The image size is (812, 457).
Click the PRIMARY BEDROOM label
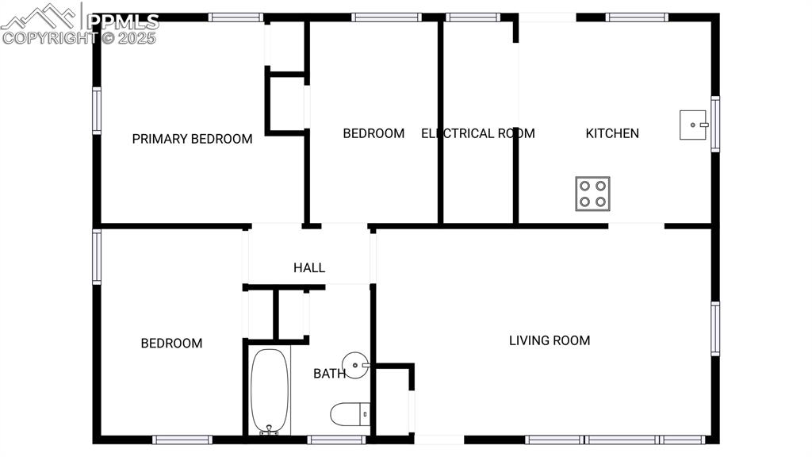pyautogui.click(x=192, y=139)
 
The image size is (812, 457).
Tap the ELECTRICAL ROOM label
pyautogui.click(x=478, y=133)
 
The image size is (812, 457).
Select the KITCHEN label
pyautogui.click(x=612, y=133)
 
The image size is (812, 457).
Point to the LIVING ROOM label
pyautogui.click(x=550, y=340)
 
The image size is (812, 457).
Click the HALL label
pyautogui.click(x=309, y=268)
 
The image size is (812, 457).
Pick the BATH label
pyautogui.click(x=329, y=373)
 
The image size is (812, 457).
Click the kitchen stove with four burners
pyautogui.click(x=593, y=193)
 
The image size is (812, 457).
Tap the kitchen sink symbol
pyautogui.click(x=694, y=125)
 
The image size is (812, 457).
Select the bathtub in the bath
pyautogui.click(x=270, y=391)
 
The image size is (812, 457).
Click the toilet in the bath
pyautogui.click(x=350, y=413)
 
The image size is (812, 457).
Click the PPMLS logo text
pyautogui.click(x=123, y=21)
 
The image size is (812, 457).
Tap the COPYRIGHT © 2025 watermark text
pyautogui.click(x=79, y=37)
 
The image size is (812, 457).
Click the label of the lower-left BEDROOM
pyautogui.click(x=171, y=344)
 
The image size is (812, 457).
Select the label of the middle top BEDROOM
pyautogui.click(x=373, y=133)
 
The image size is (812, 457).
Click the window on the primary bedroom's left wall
pyautogui.click(x=97, y=110)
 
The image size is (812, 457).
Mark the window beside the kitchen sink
pyautogui.click(x=715, y=124)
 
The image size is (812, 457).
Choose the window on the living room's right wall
pyautogui.click(x=715, y=328)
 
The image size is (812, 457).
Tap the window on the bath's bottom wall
pyautogui.click(x=336, y=440)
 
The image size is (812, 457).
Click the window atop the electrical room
pyautogui.click(x=473, y=17)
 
